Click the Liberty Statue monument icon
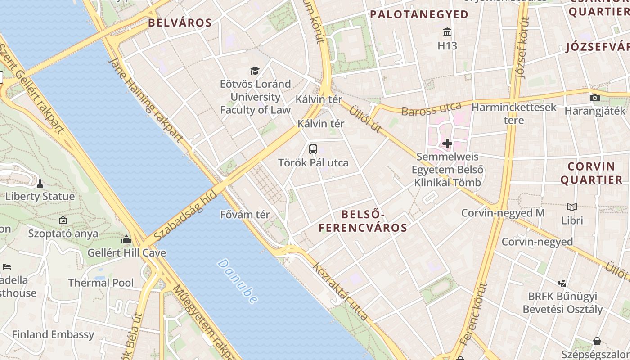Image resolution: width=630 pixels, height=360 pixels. (x=40, y=184)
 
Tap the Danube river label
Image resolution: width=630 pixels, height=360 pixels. (x=238, y=281)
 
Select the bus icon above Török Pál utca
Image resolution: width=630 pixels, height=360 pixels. (x=313, y=149)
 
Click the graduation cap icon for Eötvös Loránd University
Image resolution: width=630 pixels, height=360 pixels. (x=255, y=71)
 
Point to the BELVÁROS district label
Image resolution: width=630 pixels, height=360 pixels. (x=180, y=23)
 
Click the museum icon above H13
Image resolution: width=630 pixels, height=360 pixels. (x=447, y=32)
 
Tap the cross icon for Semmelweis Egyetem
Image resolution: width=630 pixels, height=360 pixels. (x=447, y=144)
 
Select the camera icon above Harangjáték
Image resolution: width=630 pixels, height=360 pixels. (x=595, y=98)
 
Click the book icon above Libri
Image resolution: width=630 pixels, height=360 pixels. (x=572, y=207)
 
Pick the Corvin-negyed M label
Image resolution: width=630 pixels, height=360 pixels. (x=503, y=213)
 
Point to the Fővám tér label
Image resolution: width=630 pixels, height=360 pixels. (x=245, y=215)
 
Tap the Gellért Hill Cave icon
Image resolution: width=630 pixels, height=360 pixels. (x=126, y=239)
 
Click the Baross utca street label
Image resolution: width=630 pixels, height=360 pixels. (x=431, y=109)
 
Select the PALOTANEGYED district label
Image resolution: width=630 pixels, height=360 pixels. (x=419, y=14)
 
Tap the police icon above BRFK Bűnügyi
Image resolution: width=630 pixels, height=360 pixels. (x=562, y=283)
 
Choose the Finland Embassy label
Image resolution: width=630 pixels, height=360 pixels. (x=53, y=334)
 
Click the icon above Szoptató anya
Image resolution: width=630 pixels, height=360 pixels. (x=63, y=220)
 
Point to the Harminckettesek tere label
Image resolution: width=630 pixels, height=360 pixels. (x=514, y=113)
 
